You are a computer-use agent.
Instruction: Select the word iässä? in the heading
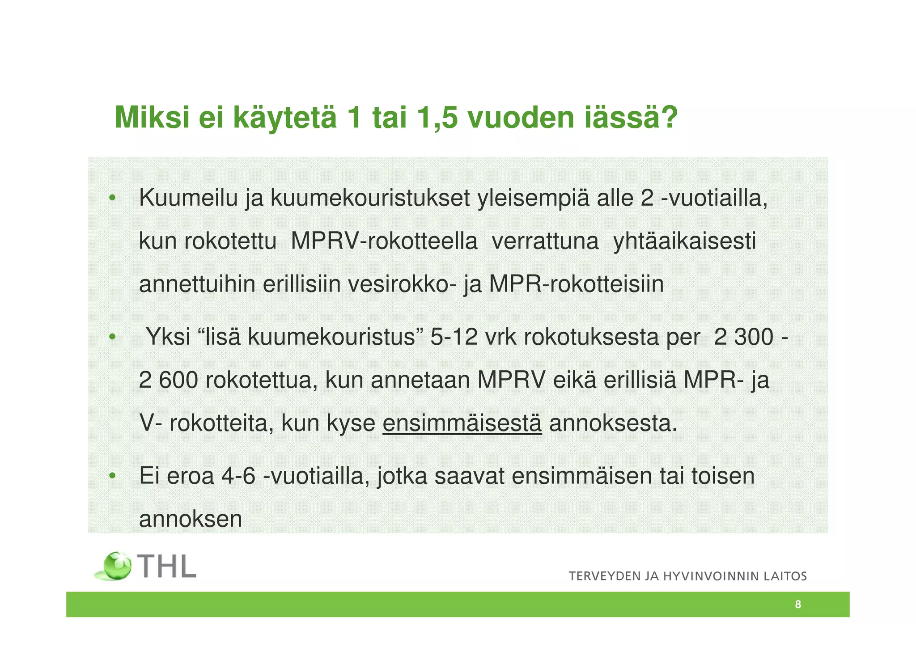click(631, 118)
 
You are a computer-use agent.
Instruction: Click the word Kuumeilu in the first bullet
click(188, 198)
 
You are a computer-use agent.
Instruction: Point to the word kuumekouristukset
click(370, 198)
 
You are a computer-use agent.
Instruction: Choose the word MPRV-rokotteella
click(384, 241)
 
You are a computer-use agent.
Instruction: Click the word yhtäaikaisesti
click(684, 241)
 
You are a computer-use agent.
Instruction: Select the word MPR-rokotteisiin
click(577, 284)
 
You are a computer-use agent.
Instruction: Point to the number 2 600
click(168, 380)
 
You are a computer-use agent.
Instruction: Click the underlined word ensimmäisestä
click(462, 423)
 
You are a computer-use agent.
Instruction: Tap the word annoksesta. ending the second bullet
click(613, 423)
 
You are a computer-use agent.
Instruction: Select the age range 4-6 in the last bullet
click(238, 475)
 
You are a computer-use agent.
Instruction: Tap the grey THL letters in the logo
click(167, 566)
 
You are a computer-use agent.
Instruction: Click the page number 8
click(798, 605)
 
